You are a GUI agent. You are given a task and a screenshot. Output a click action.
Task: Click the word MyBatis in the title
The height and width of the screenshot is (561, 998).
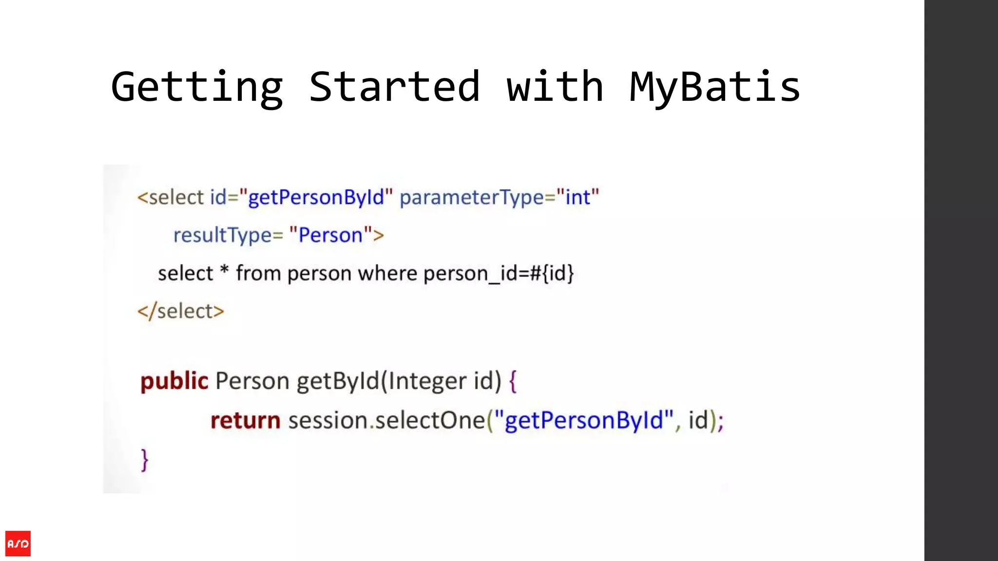tap(714, 88)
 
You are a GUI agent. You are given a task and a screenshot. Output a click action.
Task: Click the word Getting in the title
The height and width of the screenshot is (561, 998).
tap(197, 88)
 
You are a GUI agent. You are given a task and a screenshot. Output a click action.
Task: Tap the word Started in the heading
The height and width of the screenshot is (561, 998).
tap(395, 88)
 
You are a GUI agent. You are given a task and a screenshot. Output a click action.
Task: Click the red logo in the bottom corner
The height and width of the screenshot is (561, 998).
tap(18, 543)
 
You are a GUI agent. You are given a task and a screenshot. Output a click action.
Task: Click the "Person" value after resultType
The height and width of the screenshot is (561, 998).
tap(330, 236)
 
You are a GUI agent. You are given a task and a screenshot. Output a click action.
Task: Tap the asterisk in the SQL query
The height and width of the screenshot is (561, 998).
tap(224, 271)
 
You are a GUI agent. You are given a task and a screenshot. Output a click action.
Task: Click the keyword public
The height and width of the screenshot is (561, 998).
tap(174, 381)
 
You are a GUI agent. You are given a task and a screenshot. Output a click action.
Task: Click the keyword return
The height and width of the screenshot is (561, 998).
tap(245, 420)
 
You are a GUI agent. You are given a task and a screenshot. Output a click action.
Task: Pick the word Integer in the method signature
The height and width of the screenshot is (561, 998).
tap(427, 381)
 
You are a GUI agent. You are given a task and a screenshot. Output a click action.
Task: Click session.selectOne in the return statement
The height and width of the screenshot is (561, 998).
tap(386, 420)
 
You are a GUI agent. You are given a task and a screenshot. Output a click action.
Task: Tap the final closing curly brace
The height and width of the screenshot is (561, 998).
tap(145, 460)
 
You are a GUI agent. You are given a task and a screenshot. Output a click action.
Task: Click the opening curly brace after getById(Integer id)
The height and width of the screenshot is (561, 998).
tap(513, 381)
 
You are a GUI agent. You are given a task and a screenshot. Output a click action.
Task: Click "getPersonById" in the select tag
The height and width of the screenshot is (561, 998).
tap(316, 198)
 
